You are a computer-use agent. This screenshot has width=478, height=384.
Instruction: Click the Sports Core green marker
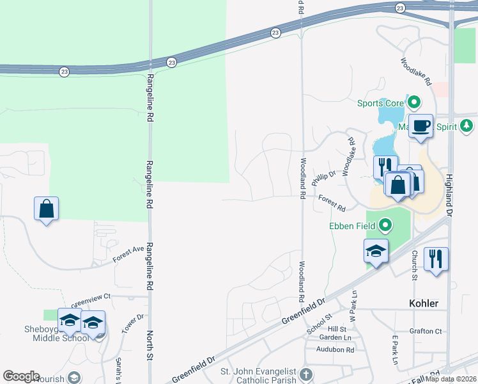point(414,102)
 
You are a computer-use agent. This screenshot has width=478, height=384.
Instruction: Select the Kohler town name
point(424,303)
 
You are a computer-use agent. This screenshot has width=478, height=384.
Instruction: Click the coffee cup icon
point(420,125)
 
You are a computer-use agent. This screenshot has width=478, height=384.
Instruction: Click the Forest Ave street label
point(129,254)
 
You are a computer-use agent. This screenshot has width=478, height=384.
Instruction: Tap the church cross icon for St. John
point(306,374)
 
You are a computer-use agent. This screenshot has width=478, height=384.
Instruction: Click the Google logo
point(20,376)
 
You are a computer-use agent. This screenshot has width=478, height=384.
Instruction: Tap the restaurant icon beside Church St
point(436,259)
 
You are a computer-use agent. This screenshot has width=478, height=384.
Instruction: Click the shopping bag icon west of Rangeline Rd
point(46,208)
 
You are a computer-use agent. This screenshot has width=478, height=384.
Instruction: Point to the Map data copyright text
point(451,378)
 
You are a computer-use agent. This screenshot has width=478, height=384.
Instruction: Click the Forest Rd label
point(332,204)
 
